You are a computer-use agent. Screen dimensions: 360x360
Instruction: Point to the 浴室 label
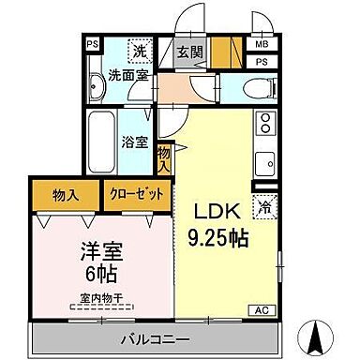[x=133, y=143]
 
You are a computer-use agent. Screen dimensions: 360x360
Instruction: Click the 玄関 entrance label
[x=186, y=51]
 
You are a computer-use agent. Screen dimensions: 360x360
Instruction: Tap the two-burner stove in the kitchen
[x=264, y=123]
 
